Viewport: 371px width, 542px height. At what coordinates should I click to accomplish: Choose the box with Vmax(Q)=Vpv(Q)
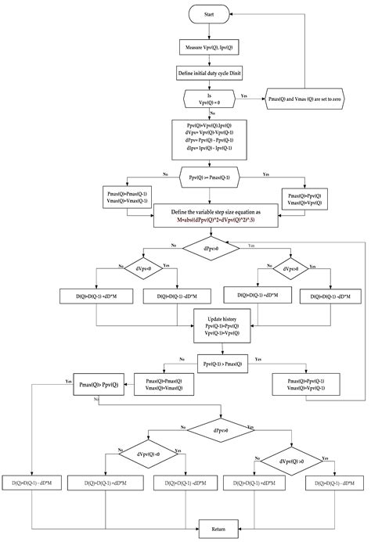coord(305,199)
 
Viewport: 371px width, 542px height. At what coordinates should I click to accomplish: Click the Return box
coord(218,529)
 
